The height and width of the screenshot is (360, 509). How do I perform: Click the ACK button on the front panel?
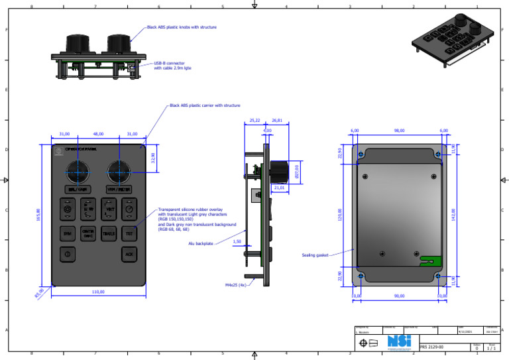[x=130, y=253]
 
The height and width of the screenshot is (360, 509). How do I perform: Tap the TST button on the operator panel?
[x=130, y=233]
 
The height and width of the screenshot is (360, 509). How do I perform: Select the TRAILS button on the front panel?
[x=109, y=233]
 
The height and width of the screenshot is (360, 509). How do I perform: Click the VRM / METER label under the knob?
[x=119, y=190]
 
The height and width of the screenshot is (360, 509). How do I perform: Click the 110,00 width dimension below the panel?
[x=97, y=292]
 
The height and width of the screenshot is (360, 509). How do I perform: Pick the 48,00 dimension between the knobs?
[x=98, y=135]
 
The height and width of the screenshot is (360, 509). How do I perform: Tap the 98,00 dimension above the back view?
[x=399, y=131]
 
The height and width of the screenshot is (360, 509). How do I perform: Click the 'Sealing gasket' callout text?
[x=315, y=255]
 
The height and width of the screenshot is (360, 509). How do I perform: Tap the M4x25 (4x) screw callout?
[x=235, y=285]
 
